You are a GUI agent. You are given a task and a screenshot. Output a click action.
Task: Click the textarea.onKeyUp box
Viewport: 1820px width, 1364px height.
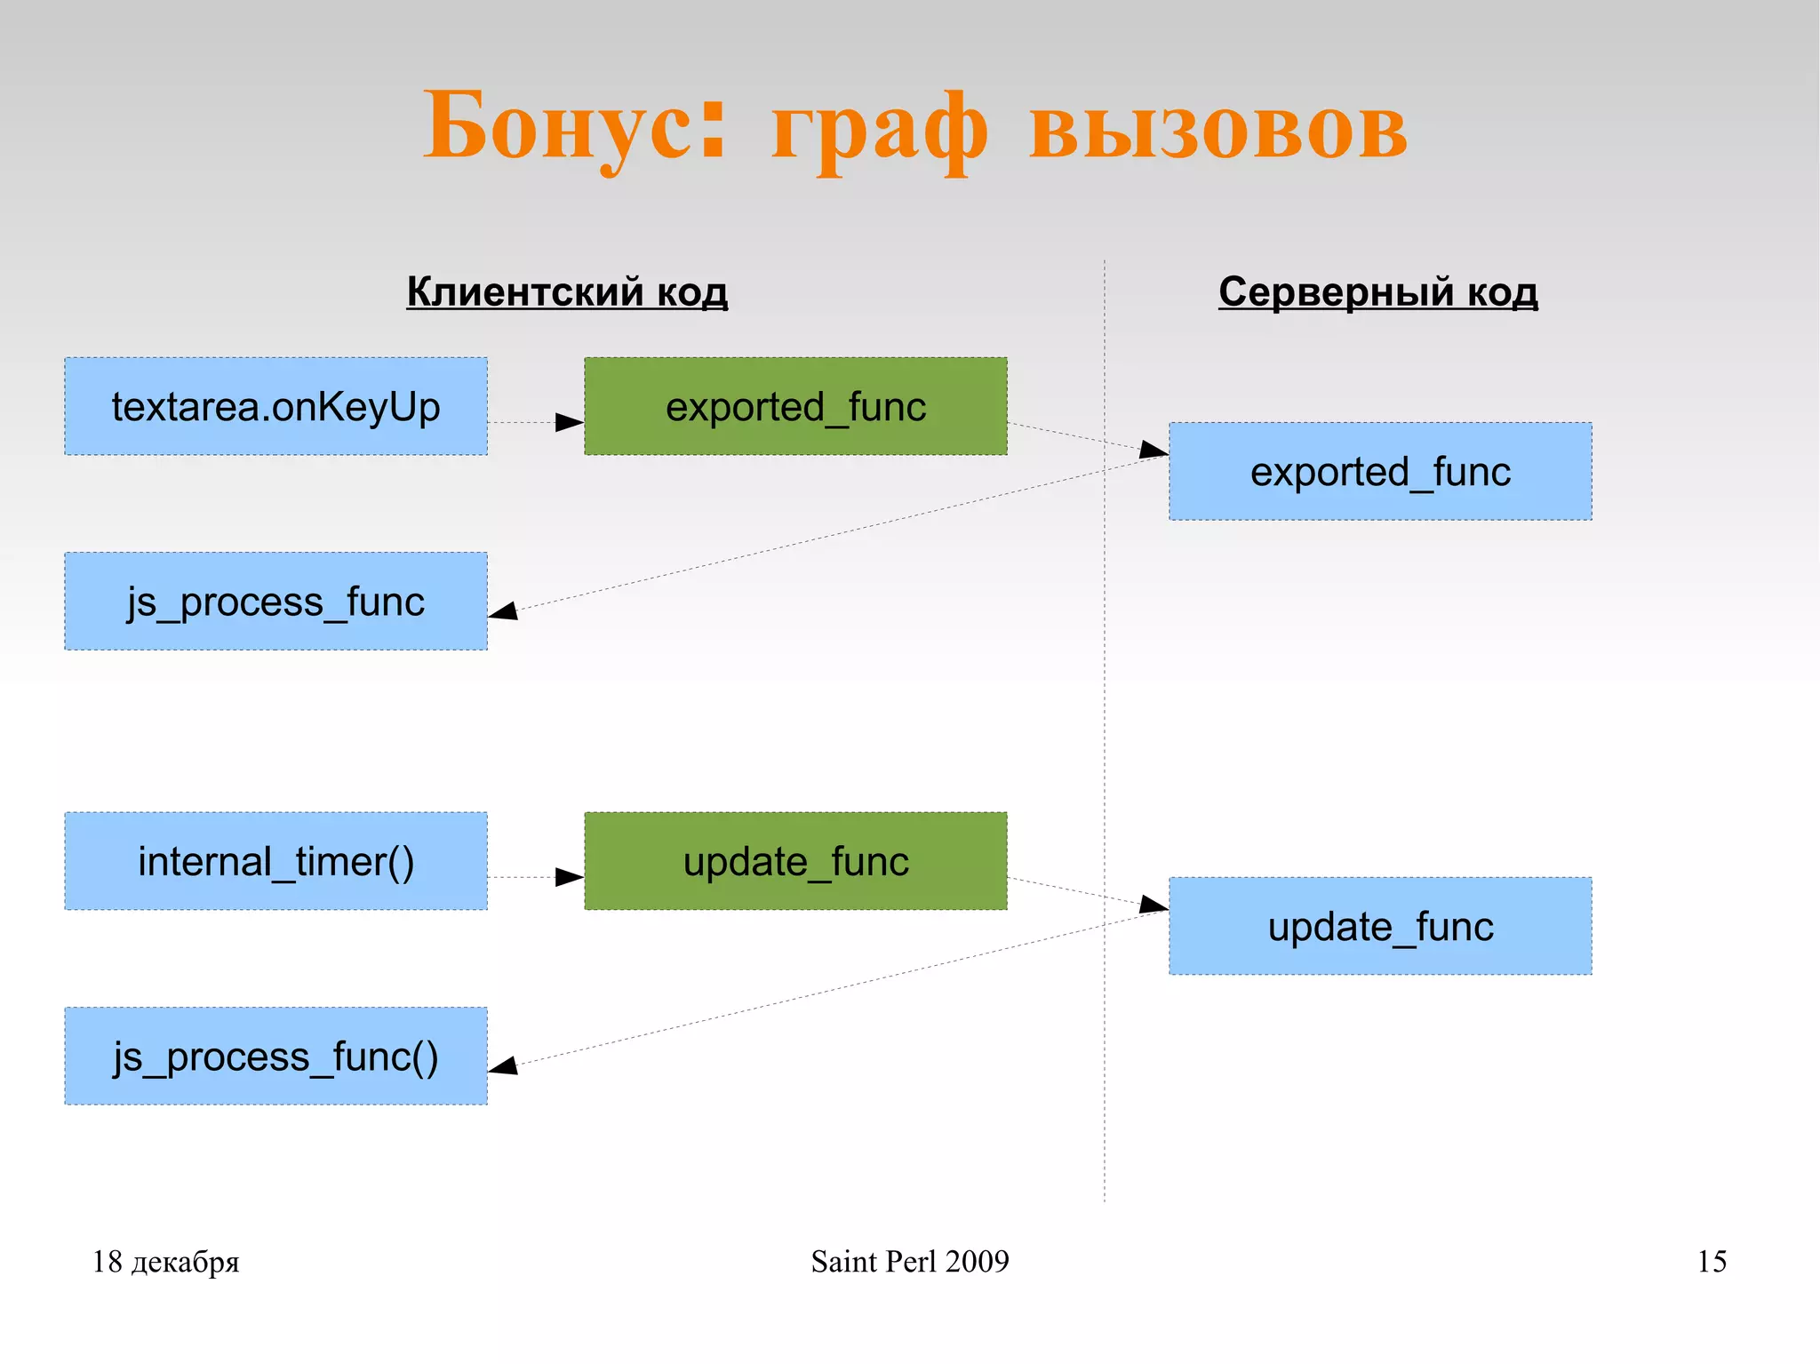click(275, 406)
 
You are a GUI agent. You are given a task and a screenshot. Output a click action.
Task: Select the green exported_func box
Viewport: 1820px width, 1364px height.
click(795, 406)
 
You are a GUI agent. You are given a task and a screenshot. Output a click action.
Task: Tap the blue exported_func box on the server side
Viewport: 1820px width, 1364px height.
click(1380, 471)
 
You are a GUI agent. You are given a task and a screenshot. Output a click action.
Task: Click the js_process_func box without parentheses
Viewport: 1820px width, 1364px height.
click(275, 601)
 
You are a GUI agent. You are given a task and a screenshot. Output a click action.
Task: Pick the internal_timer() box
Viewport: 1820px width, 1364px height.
click(275, 860)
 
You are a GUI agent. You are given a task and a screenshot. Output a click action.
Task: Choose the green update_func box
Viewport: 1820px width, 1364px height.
click(795, 860)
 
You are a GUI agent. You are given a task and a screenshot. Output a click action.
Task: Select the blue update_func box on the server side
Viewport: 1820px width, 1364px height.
click(1380, 926)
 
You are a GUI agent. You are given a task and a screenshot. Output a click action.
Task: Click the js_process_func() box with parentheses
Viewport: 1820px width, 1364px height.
click(275, 1056)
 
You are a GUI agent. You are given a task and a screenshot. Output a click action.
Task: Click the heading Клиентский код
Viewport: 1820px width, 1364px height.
click(567, 291)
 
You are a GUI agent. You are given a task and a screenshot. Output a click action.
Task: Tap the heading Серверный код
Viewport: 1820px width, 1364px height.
click(1377, 291)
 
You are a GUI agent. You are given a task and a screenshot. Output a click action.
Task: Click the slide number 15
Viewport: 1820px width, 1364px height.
click(1712, 1261)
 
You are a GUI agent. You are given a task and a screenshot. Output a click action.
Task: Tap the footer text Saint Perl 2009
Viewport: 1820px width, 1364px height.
click(909, 1261)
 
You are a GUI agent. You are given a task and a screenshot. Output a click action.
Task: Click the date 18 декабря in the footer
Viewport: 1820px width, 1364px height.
click(165, 1261)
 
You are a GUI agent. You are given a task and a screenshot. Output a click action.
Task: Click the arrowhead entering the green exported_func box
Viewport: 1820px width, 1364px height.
click(569, 422)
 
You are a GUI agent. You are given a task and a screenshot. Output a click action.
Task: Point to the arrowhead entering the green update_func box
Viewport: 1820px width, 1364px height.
click(569, 877)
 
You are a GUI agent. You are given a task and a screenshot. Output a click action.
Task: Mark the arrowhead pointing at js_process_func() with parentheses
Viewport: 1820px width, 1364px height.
click(504, 1065)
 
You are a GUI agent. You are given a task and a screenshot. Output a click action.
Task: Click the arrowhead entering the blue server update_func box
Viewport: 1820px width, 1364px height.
click(1153, 905)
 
